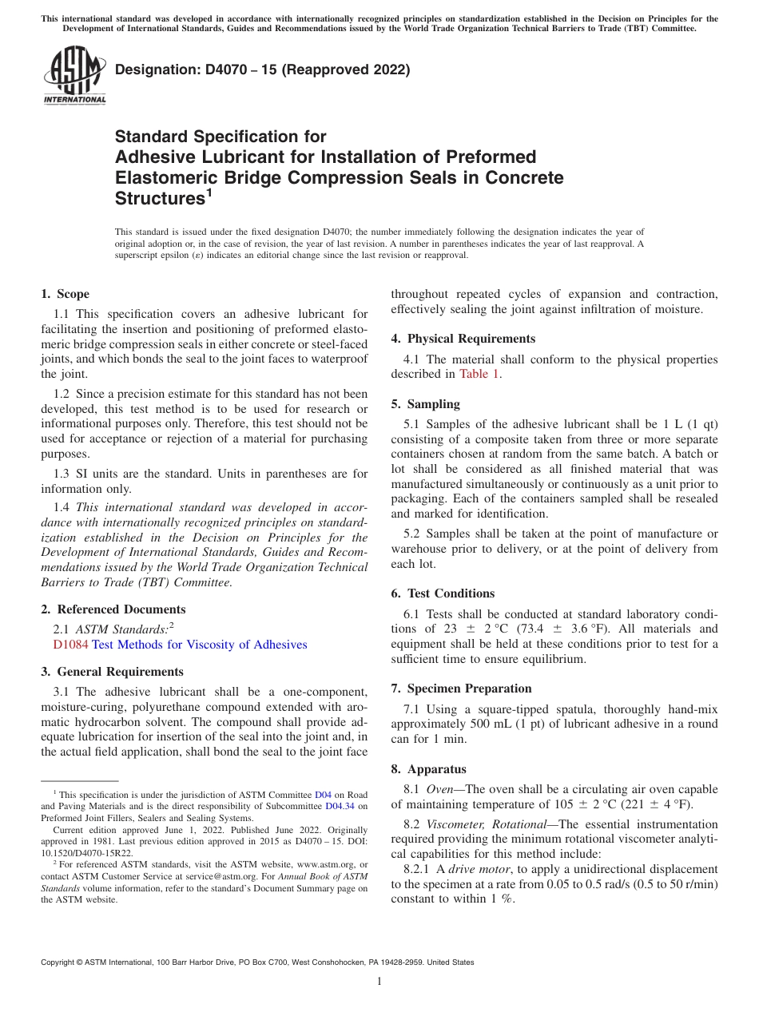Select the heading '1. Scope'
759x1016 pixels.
pyautogui.click(x=65, y=294)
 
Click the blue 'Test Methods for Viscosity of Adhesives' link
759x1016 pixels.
pyautogui.click(x=199, y=645)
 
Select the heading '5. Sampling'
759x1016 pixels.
pyautogui.click(x=425, y=404)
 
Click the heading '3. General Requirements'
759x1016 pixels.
pyautogui.click(x=112, y=672)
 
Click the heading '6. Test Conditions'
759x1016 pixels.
pyautogui.click(x=443, y=593)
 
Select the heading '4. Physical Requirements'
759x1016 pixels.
pyautogui.click(x=463, y=339)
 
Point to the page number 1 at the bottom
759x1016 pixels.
pyautogui.click(x=379, y=981)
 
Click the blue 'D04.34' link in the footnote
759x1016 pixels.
pyautogui.click(x=340, y=806)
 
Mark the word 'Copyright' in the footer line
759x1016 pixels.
pyautogui.click(x=60, y=962)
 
